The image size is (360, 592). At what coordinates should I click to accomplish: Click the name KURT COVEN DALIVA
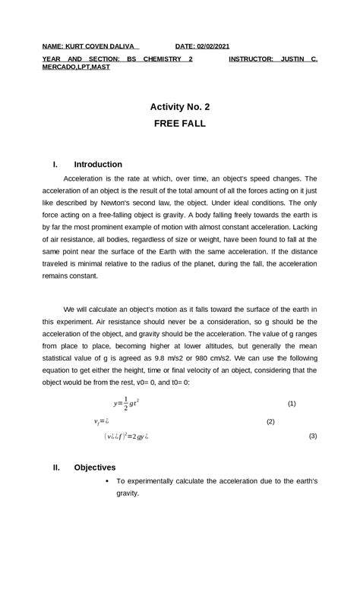point(102,46)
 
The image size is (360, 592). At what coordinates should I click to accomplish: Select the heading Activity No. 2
point(179,107)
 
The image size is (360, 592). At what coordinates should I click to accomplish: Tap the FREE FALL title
point(179,123)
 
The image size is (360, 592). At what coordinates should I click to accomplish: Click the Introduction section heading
point(98,164)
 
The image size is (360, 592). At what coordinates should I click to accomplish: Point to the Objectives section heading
point(95,468)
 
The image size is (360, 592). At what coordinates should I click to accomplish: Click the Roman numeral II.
point(56,468)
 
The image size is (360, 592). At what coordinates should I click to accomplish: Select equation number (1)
point(292,404)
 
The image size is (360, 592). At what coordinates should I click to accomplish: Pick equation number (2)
point(270,421)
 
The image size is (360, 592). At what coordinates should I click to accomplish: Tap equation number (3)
point(313,436)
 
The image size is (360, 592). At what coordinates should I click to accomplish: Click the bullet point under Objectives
point(108,481)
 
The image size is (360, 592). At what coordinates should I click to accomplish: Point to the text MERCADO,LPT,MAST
point(76,67)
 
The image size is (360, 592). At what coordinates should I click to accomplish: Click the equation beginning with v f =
point(102,421)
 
